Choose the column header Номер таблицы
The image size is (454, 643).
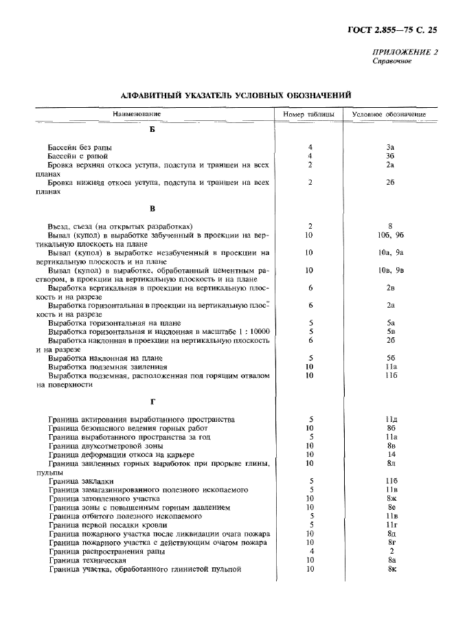310,114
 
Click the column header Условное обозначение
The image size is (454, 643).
389,114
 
